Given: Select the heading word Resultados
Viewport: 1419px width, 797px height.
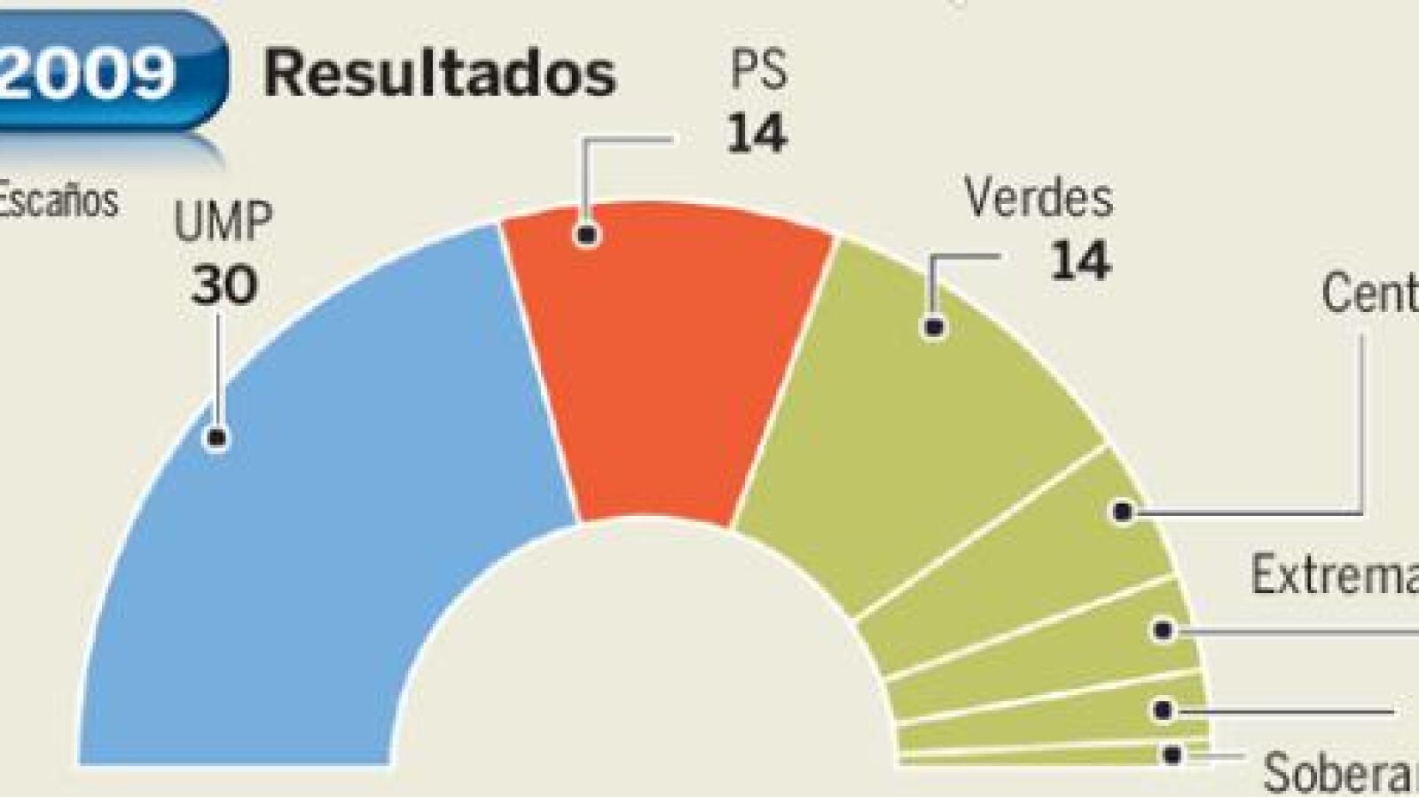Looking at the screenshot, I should (x=439, y=74).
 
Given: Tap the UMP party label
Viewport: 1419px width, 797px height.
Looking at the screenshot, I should (x=223, y=224).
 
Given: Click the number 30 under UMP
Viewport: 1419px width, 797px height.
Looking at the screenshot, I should (x=224, y=285).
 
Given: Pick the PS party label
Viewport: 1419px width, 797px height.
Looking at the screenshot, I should (x=758, y=71).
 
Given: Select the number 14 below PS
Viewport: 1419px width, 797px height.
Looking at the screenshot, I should (x=757, y=134).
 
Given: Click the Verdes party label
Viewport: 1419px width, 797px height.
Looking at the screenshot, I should (x=1039, y=198).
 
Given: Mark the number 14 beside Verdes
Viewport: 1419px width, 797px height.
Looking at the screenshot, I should (x=1079, y=262).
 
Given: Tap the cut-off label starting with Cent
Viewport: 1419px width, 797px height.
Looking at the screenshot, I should (x=1370, y=293).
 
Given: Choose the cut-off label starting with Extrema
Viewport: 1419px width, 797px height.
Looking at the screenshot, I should (x=1335, y=574).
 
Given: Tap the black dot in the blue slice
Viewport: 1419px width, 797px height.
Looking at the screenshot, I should (x=216, y=437).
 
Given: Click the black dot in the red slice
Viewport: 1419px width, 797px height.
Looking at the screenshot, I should (x=586, y=235).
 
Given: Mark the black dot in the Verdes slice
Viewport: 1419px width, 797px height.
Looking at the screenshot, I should (x=934, y=327).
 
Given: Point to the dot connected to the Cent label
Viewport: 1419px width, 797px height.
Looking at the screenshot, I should (x=1123, y=512).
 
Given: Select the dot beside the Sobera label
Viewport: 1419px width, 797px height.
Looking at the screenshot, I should (x=1172, y=755).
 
